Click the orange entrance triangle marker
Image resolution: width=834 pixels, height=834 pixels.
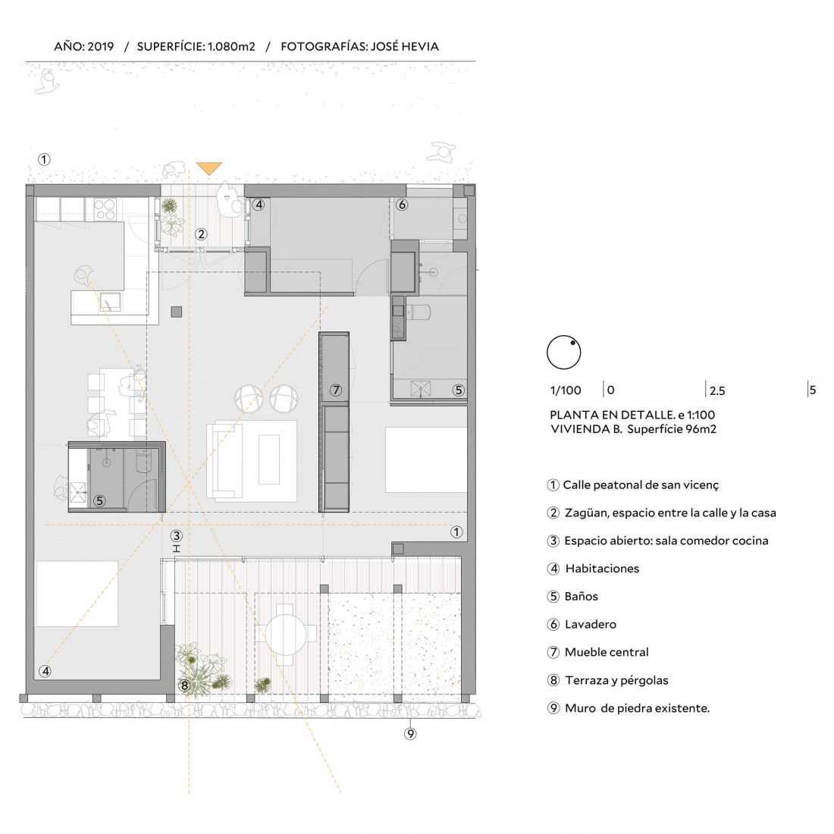(x=209, y=168)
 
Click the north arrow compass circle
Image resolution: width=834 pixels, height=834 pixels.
(x=564, y=352)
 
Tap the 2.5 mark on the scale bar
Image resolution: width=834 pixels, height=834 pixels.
(x=716, y=391)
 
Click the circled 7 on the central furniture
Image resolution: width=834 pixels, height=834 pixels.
(x=336, y=390)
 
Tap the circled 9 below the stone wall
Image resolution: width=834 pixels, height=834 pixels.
(x=410, y=734)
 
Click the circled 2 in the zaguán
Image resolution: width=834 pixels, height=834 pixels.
(x=200, y=234)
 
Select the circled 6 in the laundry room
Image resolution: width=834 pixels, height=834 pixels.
(x=402, y=204)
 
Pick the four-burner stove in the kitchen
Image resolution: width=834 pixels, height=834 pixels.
(x=105, y=208)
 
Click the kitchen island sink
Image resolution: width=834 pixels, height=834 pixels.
(x=110, y=302)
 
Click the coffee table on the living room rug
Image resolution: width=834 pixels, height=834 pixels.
(x=269, y=459)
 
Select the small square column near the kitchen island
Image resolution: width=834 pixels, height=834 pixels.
(x=177, y=312)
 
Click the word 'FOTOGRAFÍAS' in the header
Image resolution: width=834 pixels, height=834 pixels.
(x=323, y=46)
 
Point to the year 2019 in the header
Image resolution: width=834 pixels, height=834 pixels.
(x=101, y=46)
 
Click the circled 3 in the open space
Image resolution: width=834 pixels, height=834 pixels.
(x=176, y=536)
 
